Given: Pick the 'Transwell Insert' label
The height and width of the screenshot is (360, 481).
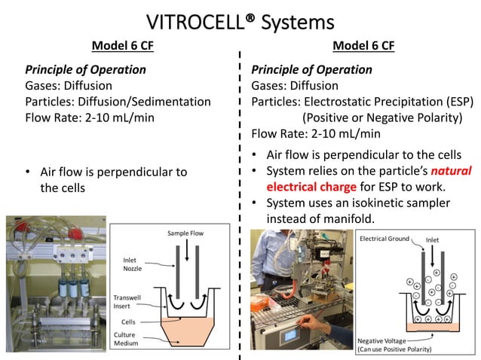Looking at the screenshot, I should click(x=127, y=302).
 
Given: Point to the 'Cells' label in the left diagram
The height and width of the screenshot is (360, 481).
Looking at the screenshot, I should click(x=130, y=321).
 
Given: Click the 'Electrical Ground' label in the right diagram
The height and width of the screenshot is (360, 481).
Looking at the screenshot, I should click(x=384, y=239).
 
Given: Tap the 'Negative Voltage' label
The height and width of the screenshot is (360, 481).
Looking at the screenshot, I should click(x=386, y=341).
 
